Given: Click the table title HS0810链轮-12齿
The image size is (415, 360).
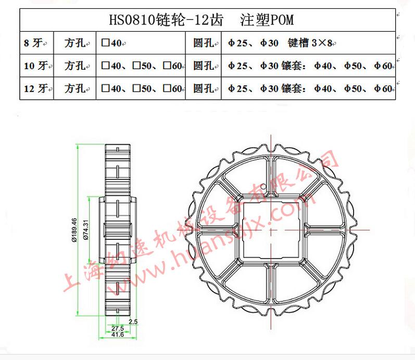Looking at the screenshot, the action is click(166, 20).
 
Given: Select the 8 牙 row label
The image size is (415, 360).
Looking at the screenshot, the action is click(34, 43).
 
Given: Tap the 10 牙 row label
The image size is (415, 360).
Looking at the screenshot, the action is click(36, 66).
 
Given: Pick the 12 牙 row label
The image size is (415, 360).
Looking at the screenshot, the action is click(36, 88).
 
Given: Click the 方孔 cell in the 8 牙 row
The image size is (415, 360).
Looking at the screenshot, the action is click(74, 43).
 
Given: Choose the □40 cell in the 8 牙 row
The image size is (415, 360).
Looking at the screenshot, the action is click(111, 43).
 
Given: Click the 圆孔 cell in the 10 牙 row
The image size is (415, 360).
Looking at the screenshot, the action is click(203, 66).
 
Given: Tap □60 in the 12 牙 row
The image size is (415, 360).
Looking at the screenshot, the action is click(172, 88).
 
